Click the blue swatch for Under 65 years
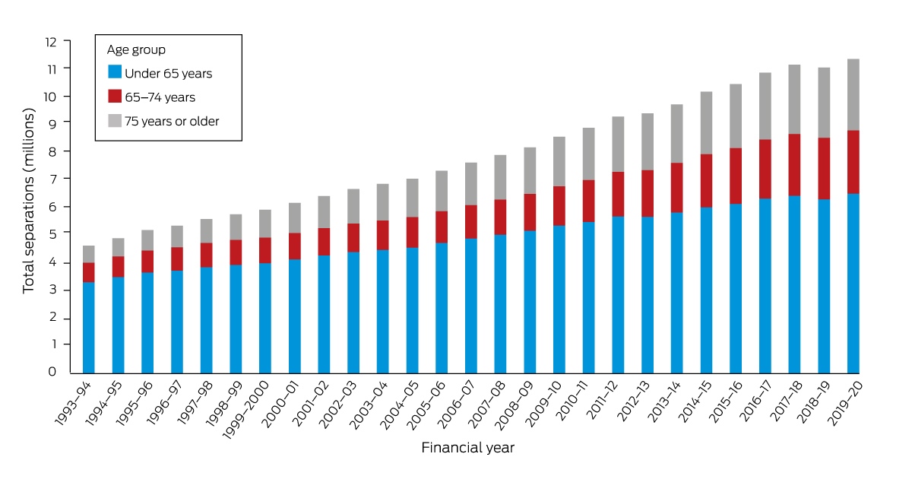[x=115, y=71]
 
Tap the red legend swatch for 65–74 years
[x=115, y=96]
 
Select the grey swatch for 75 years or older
[x=115, y=121]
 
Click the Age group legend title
[x=136, y=50]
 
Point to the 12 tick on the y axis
[x=51, y=42]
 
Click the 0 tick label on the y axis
[x=52, y=372]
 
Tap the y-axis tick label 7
[x=52, y=179]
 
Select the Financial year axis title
[x=468, y=448]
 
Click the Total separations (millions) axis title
[x=29, y=201]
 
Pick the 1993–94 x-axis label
[x=73, y=403]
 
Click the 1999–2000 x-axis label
[x=245, y=409]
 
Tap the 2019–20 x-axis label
[x=845, y=403]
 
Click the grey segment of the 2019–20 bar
[x=853, y=95]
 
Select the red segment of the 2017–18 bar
[x=794, y=165]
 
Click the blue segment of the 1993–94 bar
[x=89, y=328]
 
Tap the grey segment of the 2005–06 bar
[x=442, y=191]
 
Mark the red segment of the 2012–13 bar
[x=648, y=194]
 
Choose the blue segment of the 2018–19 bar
[x=824, y=287]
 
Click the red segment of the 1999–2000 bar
[x=265, y=251]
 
